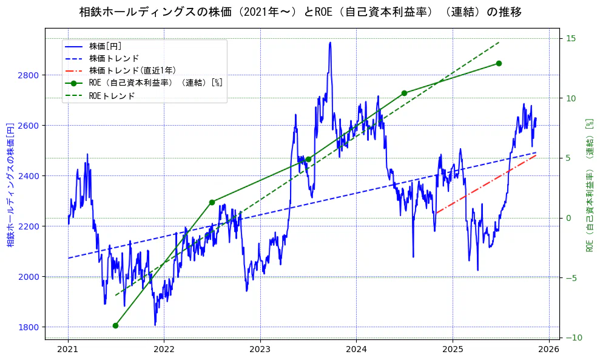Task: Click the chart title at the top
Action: coord(300,12)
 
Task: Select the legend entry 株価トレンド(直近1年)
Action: coord(132,70)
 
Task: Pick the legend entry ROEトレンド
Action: coord(112,95)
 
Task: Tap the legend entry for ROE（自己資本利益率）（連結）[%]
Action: coord(155,83)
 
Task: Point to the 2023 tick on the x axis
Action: coord(260,349)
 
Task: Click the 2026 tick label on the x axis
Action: coord(549,349)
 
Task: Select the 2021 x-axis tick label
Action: coord(68,349)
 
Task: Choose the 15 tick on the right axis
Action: coord(571,39)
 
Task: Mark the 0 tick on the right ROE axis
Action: coord(568,218)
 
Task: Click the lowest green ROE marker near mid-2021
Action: coord(115,325)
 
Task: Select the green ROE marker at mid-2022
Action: coord(212,202)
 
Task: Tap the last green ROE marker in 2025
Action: coord(499,63)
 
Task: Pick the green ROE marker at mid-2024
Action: coord(404,93)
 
